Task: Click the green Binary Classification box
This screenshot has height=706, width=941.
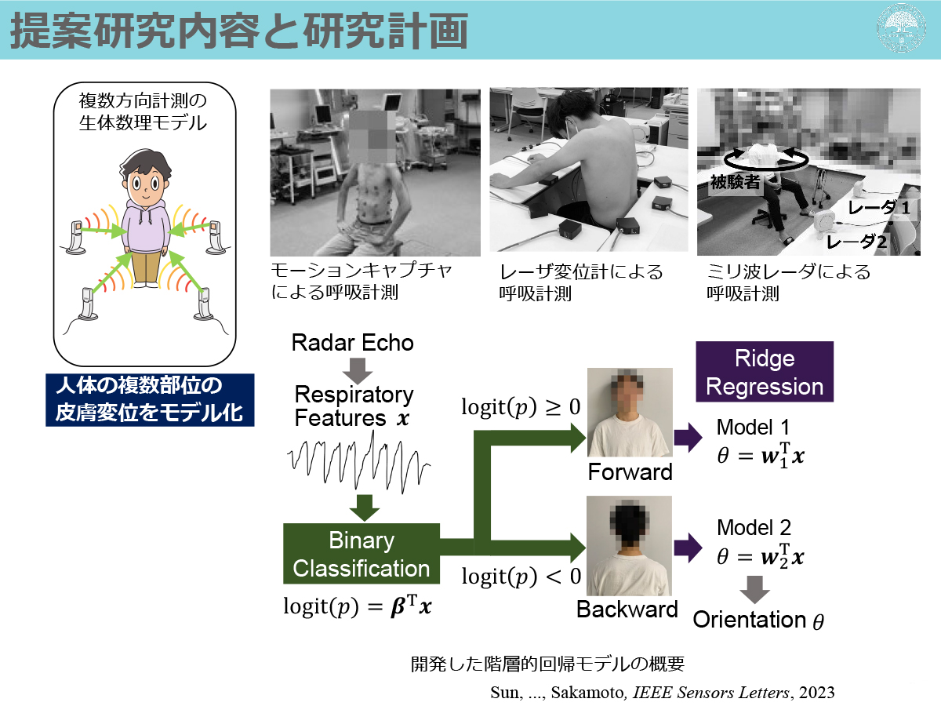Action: [x=362, y=553]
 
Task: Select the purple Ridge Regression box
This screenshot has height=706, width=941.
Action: [x=765, y=372]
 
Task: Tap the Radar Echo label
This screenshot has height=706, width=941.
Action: [x=352, y=343]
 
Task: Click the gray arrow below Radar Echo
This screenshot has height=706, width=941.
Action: [x=357, y=371]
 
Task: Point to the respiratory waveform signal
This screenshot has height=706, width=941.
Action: [x=358, y=463]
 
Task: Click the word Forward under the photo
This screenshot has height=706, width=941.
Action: [x=630, y=472]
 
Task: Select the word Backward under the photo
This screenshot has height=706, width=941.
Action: [x=627, y=610]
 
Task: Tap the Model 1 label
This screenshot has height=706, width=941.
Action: [x=753, y=428]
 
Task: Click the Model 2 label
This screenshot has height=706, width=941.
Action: [x=754, y=528]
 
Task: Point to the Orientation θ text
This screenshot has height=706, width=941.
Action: [x=758, y=620]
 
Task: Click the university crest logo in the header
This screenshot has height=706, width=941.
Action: [x=901, y=28]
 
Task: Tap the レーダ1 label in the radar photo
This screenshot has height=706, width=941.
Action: [x=879, y=209]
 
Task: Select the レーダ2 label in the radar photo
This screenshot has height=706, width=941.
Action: [x=856, y=242]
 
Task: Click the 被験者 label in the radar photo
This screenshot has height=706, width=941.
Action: [x=735, y=182]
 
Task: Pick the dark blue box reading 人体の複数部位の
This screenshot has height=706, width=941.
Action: [x=150, y=400]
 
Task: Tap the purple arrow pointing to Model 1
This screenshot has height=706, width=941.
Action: [x=688, y=437]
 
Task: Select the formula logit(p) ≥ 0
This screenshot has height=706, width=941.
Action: [x=521, y=407]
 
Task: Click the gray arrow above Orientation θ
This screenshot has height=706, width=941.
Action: [x=754, y=589]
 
